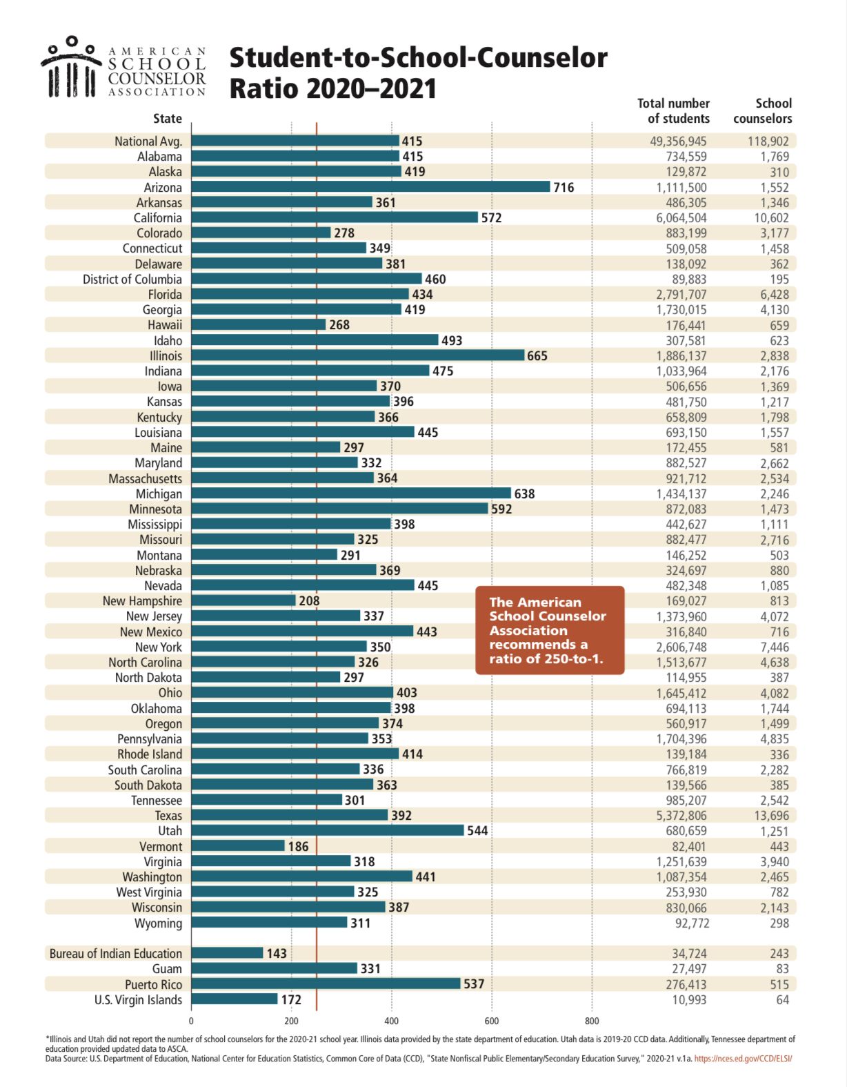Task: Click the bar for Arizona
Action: (x=370, y=187)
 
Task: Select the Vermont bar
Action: (x=238, y=846)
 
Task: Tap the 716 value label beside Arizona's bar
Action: (x=564, y=187)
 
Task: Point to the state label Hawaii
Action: (x=165, y=325)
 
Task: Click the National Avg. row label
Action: (x=148, y=141)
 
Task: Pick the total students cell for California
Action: (x=681, y=218)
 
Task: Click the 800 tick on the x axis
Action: (x=592, y=1021)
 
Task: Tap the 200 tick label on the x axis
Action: (x=291, y=1021)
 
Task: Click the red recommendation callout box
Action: (x=550, y=630)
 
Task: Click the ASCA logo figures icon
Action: (x=71, y=67)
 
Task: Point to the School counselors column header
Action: (x=763, y=111)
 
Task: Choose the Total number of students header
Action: (x=673, y=111)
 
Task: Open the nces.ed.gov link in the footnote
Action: (x=743, y=1058)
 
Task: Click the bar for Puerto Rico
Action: (x=326, y=984)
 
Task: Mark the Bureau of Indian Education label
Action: (x=116, y=954)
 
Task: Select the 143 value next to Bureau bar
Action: (x=277, y=954)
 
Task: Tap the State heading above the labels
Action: (x=168, y=119)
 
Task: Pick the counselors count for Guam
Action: (x=782, y=969)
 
